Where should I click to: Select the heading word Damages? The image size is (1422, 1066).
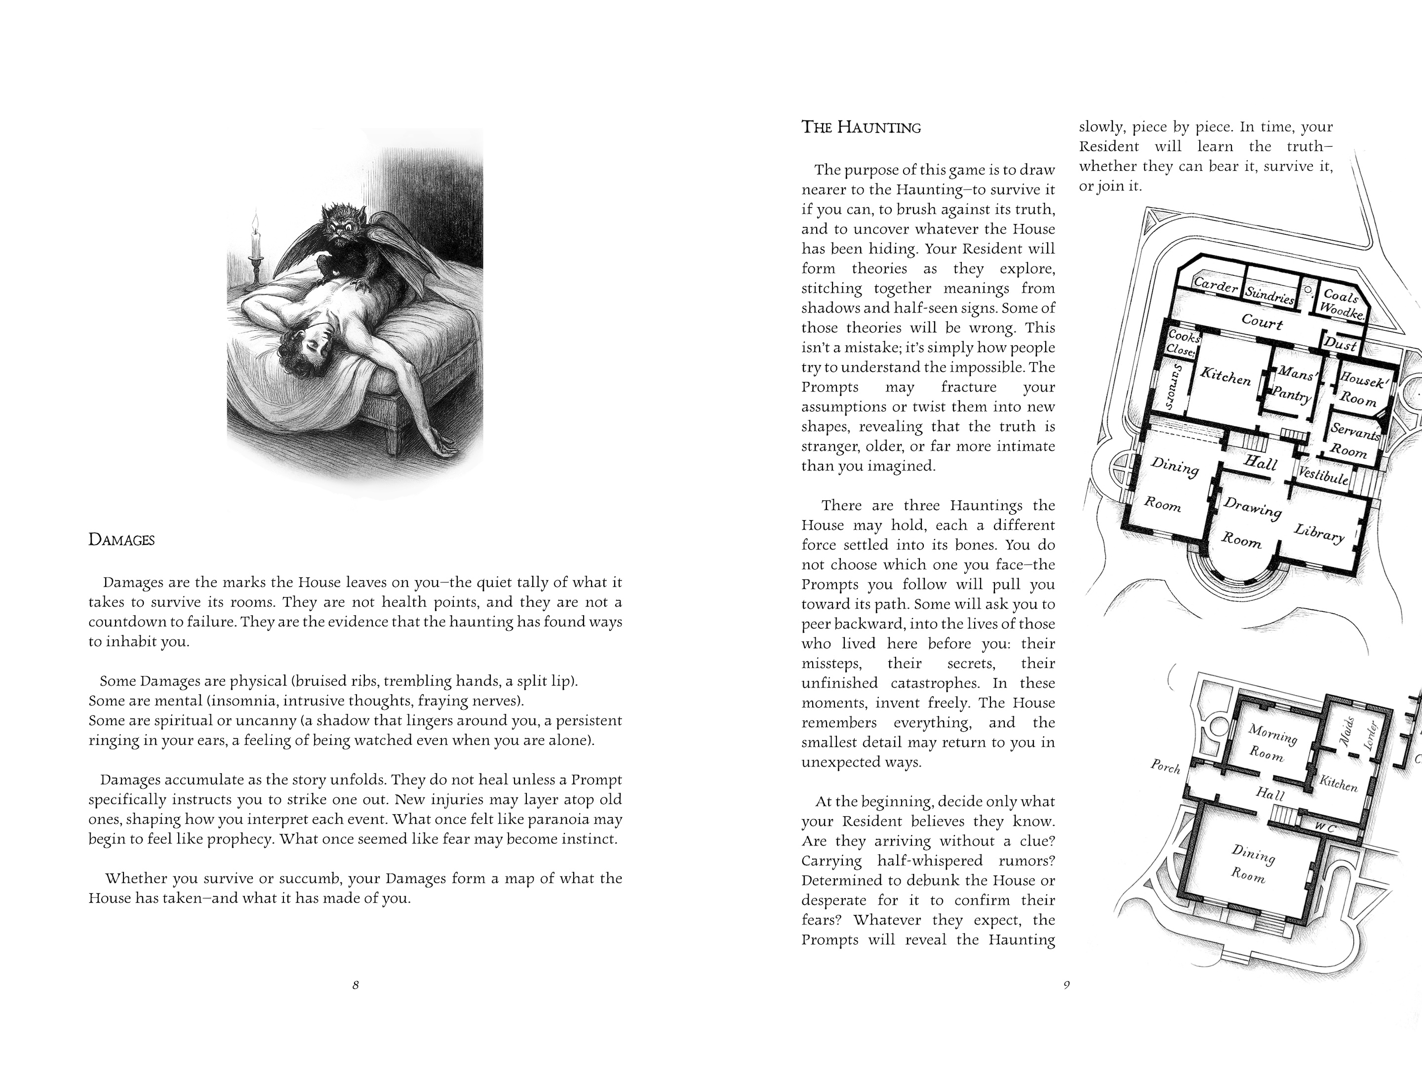click(x=121, y=540)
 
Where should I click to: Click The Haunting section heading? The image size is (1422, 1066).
click(x=861, y=127)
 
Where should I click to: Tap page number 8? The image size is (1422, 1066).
click(x=355, y=985)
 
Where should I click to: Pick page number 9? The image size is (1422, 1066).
click(x=1066, y=985)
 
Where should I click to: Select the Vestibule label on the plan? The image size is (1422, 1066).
click(x=1323, y=475)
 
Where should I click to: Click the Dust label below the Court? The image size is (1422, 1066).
click(x=1341, y=344)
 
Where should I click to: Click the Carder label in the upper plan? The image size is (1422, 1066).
click(x=1215, y=285)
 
